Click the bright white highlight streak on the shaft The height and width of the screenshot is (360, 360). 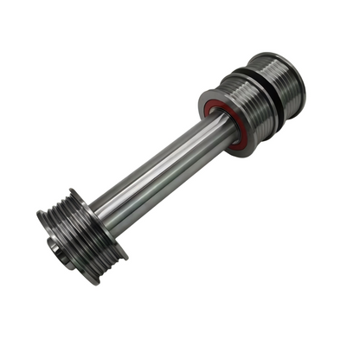pyautogui.click(x=164, y=164)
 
